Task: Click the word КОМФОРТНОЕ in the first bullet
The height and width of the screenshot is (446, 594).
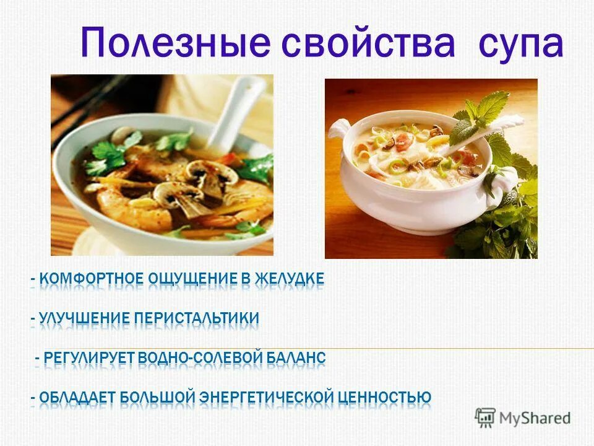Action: (x=91, y=279)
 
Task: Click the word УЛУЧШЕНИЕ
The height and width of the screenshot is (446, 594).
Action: (x=85, y=319)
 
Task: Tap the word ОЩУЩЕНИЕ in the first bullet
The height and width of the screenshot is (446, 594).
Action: (x=192, y=279)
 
